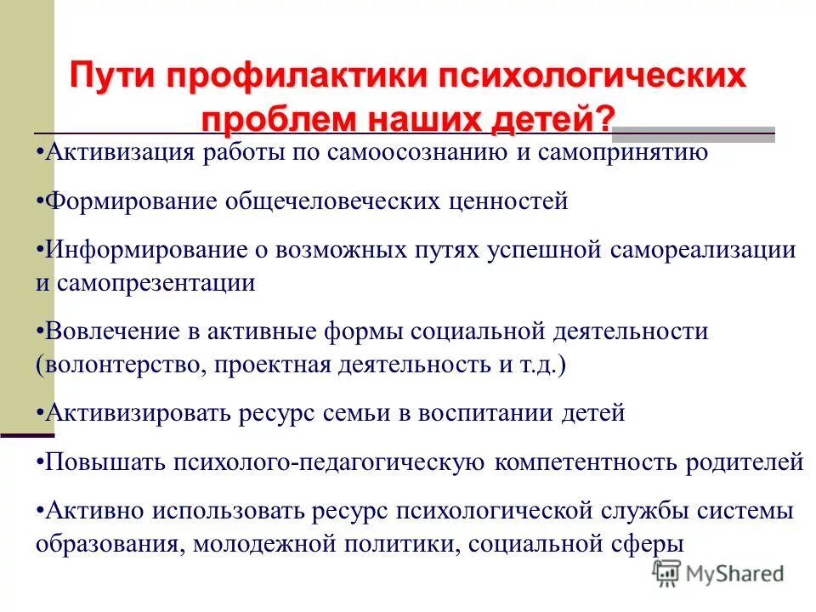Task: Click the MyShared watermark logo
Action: click(717, 574)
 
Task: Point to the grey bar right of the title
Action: click(693, 132)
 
